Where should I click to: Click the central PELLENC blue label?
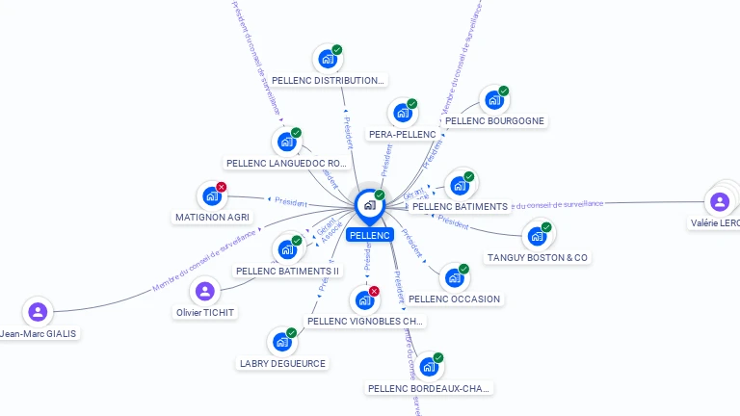click(x=370, y=235)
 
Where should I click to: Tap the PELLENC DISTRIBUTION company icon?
click(x=328, y=59)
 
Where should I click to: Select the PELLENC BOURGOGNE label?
click(x=496, y=121)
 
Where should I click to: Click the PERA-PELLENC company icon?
click(x=403, y=112)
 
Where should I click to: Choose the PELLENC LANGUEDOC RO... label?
click(x=286, y=164)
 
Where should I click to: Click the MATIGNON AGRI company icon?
click(x=212, y=196)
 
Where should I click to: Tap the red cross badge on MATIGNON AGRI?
click(x=222, y=187)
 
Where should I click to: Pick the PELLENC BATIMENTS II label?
click(x=288, y=272)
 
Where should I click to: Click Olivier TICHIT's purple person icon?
click(x=204, y=291)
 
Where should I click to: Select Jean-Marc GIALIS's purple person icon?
click(x=38, y=312)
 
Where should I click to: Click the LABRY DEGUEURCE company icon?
click(x=281, y=342)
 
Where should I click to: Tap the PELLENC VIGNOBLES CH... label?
click(x=365, y=322)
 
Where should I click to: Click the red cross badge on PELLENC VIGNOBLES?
click(x=374, y=291)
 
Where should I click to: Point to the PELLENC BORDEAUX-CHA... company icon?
click(x=429, y=367)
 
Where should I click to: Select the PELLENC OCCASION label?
click(x=455, y=299)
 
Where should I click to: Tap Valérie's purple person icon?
click(x=719, y=201)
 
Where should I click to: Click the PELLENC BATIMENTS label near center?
click(x=460, y=207)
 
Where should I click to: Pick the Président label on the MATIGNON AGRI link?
click(x=291, y=202)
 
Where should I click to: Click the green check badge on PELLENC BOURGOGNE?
click(x=504, y=91)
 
